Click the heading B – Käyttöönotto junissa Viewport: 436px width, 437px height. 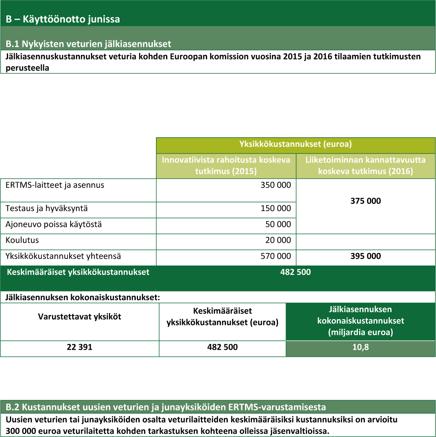pyautogui.click(x=62, y=19)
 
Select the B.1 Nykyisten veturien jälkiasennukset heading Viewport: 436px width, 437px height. pyautogui.click(x=88, y=44)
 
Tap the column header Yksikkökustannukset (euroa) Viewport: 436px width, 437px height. pyautogui.click(x=295, y=144)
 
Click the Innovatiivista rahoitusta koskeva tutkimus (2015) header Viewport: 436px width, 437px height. pyautogui.click(x=226, y=165)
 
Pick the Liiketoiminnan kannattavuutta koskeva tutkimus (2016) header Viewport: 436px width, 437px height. pyautogui.click(x=365, y=165)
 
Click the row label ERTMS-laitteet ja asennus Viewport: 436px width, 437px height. pyautogui.click(x=55, y=185)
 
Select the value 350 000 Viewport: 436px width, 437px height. pyautogui.click(x=276, y=185)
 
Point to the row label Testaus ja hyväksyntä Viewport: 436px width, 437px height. pyautogui.click(x=46, y=208)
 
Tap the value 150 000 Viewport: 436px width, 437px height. pyautogui.click(x=276, y=209)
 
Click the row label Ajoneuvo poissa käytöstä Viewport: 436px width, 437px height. pyautogui.click(x=53, y=224)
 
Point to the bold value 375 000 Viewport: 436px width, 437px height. pyautogui.click(x=365, y=201)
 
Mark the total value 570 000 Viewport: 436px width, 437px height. pyautogui.click(x=276, y=256)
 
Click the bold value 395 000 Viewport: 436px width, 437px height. pyautogui.click(x=365, y=256)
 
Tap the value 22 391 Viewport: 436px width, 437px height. pyautogui.click(x=80, y=347)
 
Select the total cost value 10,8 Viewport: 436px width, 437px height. pyautogui.click(x=360, y=347)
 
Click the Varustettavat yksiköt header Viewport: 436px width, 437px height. pyautogui.click(x=80, y=316)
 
